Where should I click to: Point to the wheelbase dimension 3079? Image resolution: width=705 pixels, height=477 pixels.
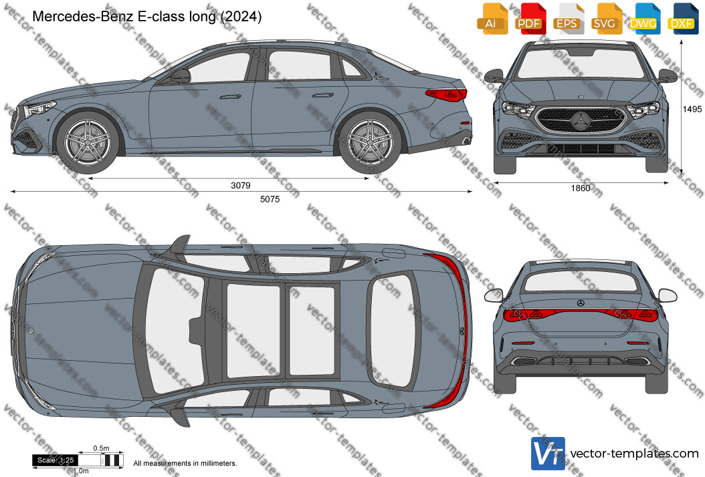point(241,186)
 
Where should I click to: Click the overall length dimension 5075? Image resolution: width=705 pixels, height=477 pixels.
point(270,199)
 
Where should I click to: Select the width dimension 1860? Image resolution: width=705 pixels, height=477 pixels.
point(581,188)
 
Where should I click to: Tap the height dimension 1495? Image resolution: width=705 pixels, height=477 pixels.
point(692,109)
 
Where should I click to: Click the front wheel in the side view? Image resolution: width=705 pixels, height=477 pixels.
point(87,143)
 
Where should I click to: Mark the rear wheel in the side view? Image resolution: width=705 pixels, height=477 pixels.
point(370,144)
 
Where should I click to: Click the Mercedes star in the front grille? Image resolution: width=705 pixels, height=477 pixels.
point(581,120)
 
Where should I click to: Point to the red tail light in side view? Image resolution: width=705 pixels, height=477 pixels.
point(446,95)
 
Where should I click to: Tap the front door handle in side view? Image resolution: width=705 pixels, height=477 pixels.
point(230,96)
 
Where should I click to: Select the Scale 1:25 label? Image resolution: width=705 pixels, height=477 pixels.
point(56,460)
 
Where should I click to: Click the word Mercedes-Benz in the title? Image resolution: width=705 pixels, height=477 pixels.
point(83,17)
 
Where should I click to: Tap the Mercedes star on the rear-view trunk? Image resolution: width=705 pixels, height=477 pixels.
point(581,303)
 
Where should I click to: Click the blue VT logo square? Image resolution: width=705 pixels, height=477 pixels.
point(548,453)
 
